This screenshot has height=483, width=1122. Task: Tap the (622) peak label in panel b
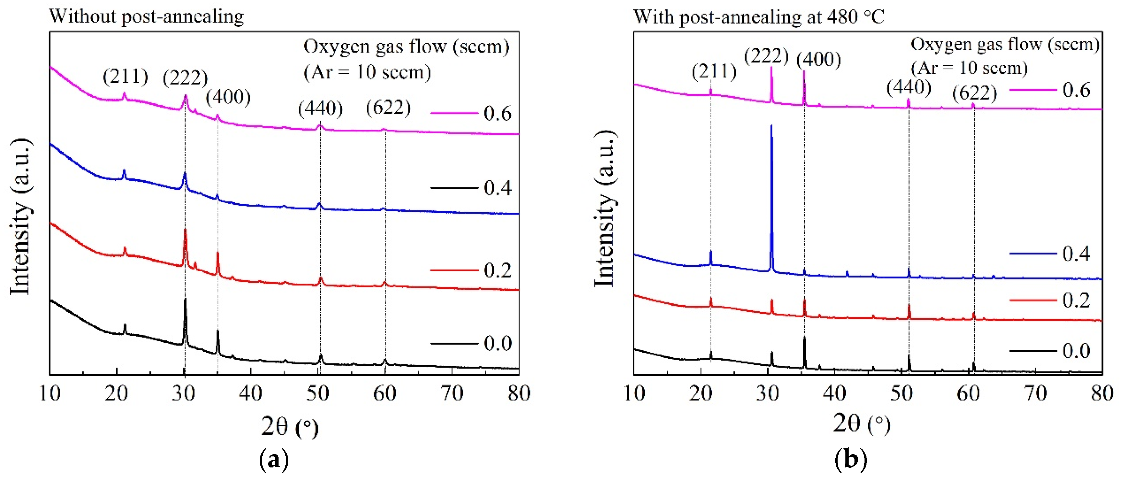[974, 93]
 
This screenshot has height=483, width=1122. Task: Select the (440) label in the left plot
[320, 108]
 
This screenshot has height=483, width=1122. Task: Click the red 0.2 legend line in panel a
[454, 270]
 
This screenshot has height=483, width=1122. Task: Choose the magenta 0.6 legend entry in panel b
[1050, 90]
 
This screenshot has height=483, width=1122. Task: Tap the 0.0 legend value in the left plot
[497, 343]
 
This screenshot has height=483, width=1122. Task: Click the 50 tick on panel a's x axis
[317, 393]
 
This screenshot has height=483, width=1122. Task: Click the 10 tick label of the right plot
[634, 393]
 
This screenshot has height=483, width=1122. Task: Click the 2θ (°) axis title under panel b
[862, 424]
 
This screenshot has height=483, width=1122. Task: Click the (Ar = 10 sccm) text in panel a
[367, 72]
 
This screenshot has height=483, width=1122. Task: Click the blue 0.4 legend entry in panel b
[1050, 253]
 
